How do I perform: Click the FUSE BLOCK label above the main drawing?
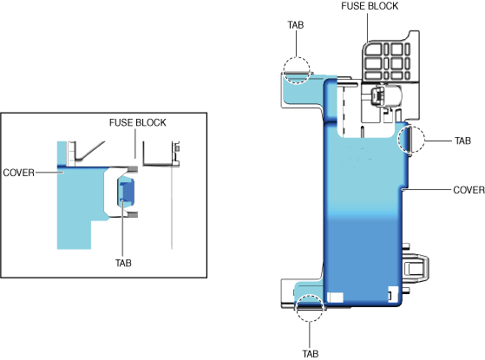click(x=370, y=6)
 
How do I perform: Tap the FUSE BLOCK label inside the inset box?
click(x=138, y=123)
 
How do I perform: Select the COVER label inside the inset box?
click(x=18, y=173)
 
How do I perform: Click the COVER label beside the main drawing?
click(x=469, y=190)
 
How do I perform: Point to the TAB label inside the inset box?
click(x=123, y=263)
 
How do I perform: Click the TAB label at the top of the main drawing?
click(x=296, y=25)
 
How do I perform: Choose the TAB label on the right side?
click(x=462, y=141)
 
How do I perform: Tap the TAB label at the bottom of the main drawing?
click(x=311, y=354)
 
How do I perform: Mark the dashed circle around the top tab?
click(x=297, y=57)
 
